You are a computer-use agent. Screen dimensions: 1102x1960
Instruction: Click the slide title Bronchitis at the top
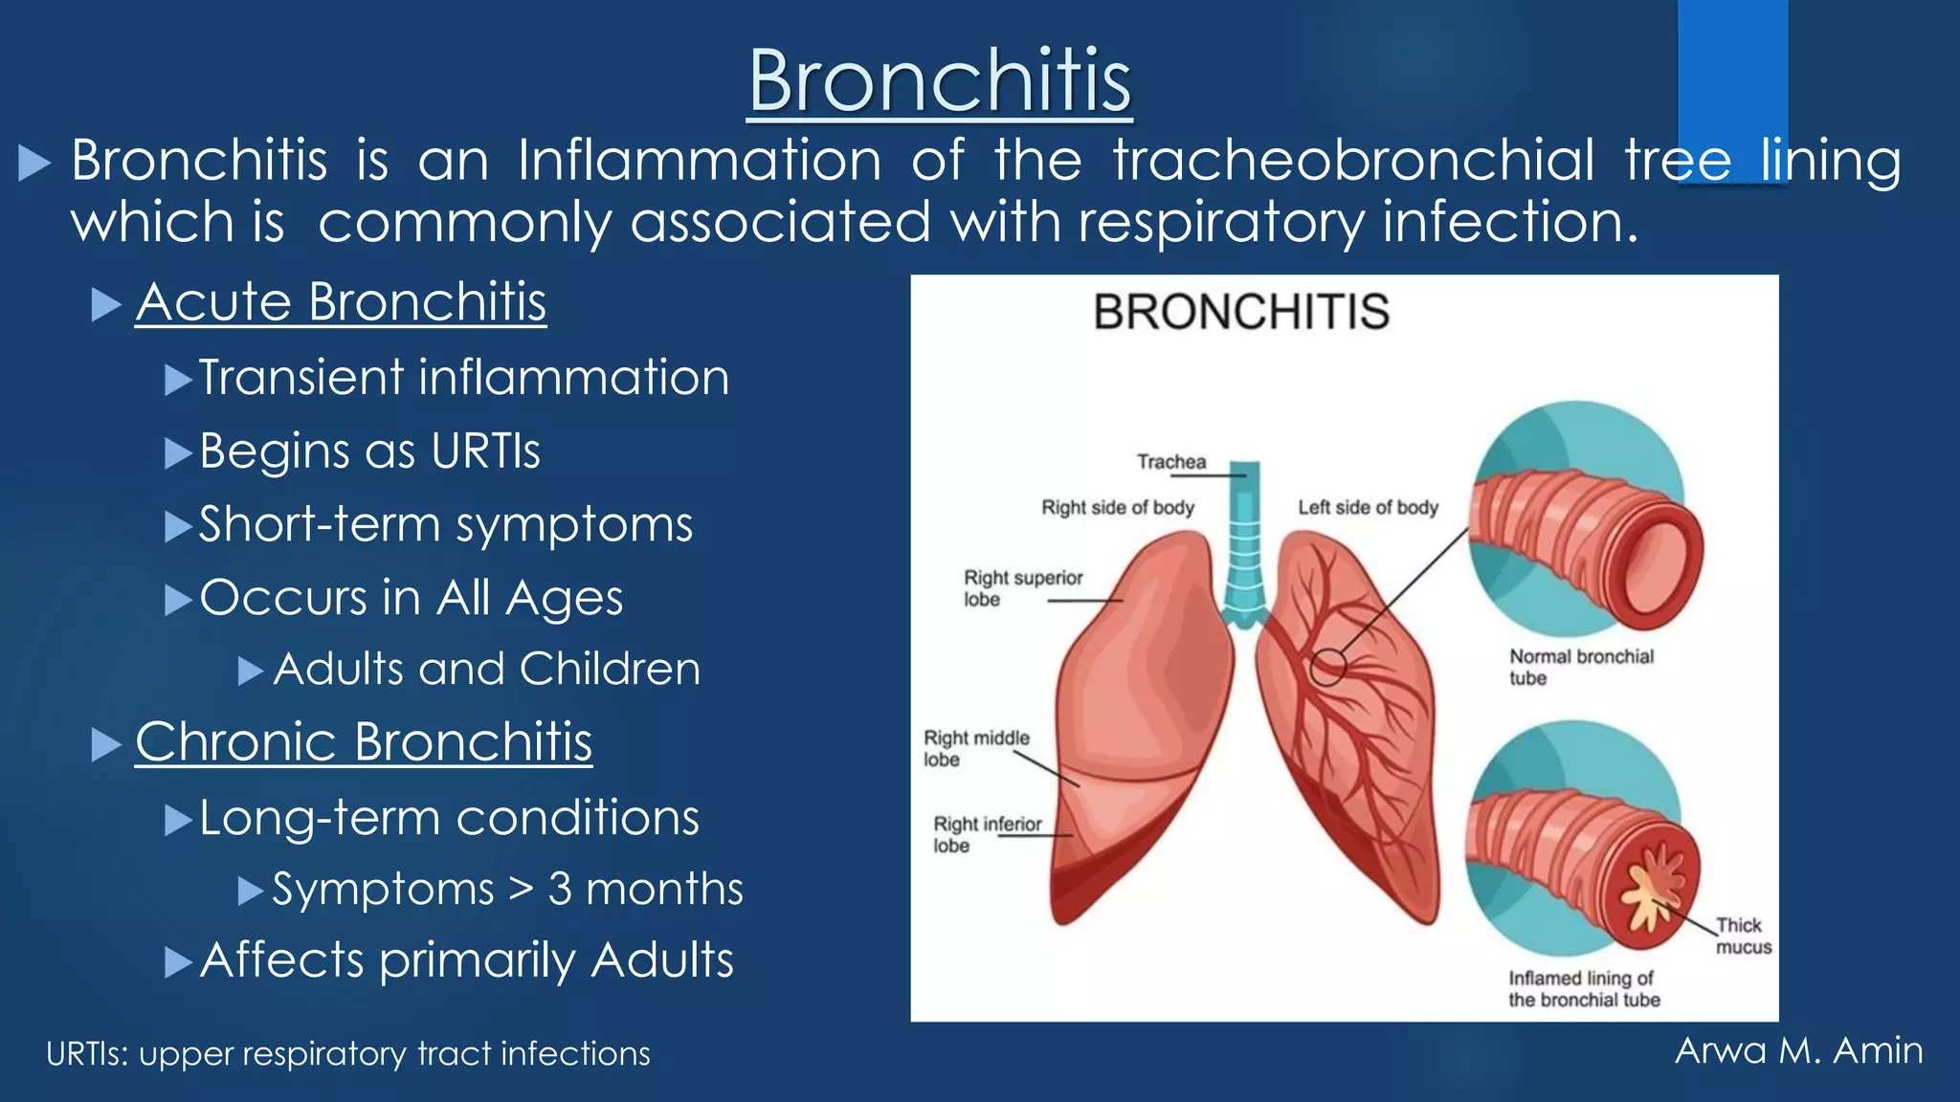940,81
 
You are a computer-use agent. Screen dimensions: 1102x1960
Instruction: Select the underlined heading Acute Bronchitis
341,302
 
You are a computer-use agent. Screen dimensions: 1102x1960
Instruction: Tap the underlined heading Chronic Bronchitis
364,742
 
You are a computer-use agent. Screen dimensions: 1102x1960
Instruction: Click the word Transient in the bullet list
301,377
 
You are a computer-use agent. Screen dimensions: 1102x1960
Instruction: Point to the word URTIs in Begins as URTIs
485,452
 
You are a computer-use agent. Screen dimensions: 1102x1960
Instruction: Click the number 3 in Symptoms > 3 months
560,890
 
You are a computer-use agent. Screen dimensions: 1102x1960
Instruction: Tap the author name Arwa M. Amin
1798,1050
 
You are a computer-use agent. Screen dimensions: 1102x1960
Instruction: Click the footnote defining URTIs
348,1054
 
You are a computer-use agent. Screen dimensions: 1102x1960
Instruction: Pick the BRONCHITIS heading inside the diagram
1241,313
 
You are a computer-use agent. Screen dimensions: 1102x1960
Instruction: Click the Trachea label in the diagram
1171,462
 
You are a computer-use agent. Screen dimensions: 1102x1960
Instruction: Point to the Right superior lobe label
1022,588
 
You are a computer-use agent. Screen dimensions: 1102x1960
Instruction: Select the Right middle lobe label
975,748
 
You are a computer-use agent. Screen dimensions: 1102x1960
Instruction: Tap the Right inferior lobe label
987,834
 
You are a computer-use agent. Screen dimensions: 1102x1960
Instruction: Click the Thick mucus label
1742,937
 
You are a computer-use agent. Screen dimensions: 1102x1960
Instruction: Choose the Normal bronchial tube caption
1581,667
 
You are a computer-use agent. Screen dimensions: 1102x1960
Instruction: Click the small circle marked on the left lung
1328,667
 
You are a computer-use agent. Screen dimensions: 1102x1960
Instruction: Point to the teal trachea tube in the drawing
1244,545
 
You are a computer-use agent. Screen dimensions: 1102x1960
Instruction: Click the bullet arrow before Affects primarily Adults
178,961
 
